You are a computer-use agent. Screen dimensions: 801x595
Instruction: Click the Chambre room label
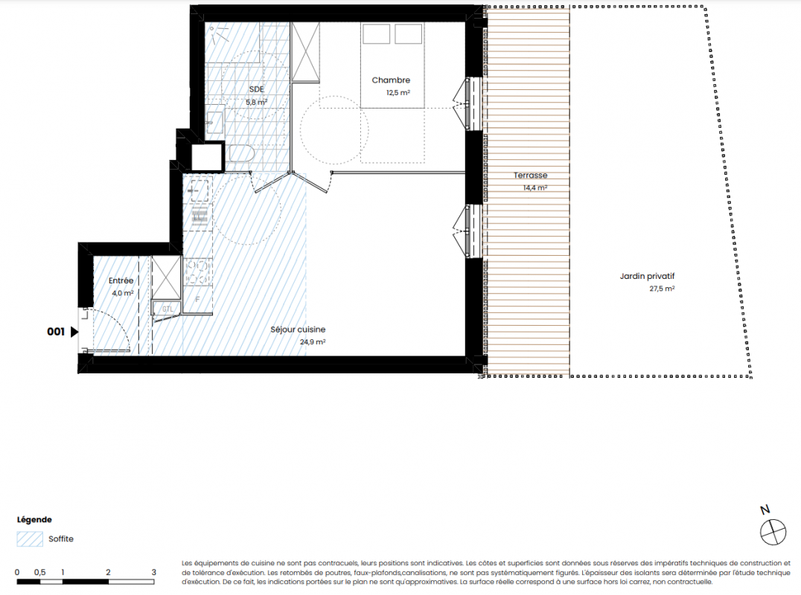pyautogui.click(x=391, y=80)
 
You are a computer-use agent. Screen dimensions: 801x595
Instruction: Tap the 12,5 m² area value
pyautogui.click(x=398, y=93)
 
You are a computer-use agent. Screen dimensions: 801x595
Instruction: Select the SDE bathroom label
pyautogui.click(x=256, y=89)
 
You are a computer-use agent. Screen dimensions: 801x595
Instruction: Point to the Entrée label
pyautogui.click(x=121, y=280)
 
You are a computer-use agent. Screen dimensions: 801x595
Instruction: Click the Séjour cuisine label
pyautogui.click(x=298, y=329)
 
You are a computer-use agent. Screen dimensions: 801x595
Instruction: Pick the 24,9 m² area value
pyautogui.click(x=313, y=342)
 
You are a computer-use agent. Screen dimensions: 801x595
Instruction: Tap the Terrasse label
pyautogui.click(x=530, y=175)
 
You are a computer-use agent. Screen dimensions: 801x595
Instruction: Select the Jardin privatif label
pyautogui.click(x=647, y=276)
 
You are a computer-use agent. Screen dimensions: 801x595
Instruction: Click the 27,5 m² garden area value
pyautogui.click(x=662, y=289)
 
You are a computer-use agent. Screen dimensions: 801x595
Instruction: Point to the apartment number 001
pyautogui.click(x=56, y=332)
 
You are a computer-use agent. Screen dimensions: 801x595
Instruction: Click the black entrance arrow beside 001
pyautogui.click(x=74, y=332)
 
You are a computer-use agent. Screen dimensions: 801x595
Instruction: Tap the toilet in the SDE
pyautogui.click(x=241, y=153)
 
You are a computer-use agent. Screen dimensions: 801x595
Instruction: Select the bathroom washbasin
pyautogui.click(x=215, y=120)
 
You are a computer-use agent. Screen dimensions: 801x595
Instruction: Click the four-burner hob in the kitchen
pyautogui.click(x=198, y=271)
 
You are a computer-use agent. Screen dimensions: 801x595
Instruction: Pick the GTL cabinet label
pyautogui.click(x=167, y=309)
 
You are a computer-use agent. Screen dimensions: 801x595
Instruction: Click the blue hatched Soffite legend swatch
pyautogui.click(x=30, y=539)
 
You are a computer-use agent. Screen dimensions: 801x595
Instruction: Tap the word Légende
pyautogui.click(x=34, y=519)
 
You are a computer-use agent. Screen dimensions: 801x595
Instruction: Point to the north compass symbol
pyautogui.click(x=773, y=532)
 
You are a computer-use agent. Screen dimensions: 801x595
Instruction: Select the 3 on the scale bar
pyautogui.click(x=154, y=572)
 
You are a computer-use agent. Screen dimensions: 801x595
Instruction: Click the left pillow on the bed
pyautogui.click(x=377, y=34)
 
